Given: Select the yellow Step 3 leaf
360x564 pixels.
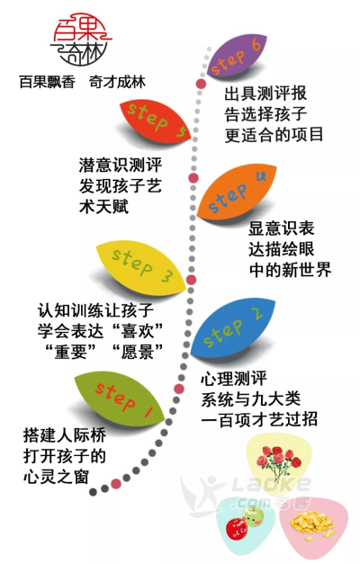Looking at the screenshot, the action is [141, 267].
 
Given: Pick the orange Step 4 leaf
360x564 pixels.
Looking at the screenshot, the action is [237, 192].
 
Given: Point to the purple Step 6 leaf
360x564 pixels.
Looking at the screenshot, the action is [237, 55].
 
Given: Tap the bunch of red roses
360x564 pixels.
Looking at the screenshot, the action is [278, 461].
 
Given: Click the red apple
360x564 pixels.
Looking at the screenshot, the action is [237, 527].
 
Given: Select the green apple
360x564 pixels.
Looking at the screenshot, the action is [253, 515].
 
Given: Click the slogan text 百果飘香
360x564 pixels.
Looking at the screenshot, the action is [47, 83].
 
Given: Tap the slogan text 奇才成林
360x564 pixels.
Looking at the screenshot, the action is [117, 83].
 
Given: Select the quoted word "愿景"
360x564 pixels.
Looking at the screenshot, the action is [138, 352].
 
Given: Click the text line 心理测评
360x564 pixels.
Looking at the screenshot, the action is [234, 379].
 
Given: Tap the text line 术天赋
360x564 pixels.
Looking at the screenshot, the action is [103, 207].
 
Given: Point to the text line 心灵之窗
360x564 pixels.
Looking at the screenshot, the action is [56, 477].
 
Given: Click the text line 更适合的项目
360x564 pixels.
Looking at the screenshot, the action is [274, 136].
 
